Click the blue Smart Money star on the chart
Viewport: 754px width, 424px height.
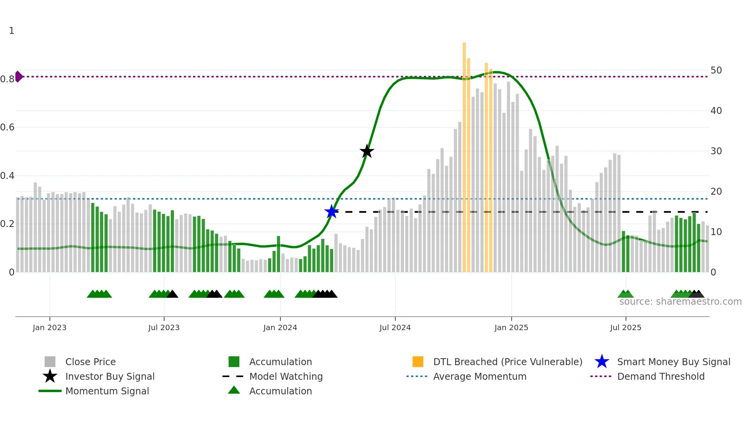tap(331, 212)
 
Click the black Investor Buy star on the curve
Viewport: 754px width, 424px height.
tap(367, 151)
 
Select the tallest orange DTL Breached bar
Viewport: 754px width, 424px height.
tap(464, 154)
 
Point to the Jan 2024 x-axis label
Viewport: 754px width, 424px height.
tap(280, 327)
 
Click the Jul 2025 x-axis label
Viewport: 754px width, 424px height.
tap(626, 327)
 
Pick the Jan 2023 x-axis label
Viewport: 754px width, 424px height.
tap(50, 327)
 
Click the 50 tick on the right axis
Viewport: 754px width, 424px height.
tap(716, 70)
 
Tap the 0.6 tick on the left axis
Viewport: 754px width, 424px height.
tap(7, 127)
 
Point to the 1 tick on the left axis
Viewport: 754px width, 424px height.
tap(12, 31)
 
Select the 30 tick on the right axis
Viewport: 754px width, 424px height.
tap(716, 151)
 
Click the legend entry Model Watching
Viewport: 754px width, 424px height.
tap(285, 376)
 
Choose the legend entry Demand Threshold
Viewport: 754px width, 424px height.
tap(661, 376)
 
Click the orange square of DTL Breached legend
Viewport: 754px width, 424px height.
tap(418, 362)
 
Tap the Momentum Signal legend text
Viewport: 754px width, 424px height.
tap(107, 391)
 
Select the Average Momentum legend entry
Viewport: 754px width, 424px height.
tap(479, 376)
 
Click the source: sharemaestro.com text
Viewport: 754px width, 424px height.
tap(680, 302)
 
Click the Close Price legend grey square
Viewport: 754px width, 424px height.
tap(50, 362)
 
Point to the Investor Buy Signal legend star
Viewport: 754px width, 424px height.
tap(50, 376)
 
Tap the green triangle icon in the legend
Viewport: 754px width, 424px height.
tap(234, 390)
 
